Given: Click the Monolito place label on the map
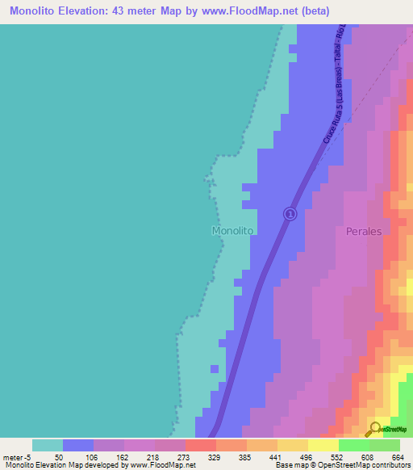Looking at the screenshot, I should [x=232, y=230].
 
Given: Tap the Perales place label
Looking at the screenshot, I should [x=363, y=231].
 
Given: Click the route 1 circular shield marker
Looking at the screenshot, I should [x=290, y=213].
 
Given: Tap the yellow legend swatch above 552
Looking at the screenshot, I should [x=323, y=445].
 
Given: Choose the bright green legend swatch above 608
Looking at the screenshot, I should [x=354, y=445].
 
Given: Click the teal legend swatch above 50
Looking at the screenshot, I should [x=48, y=445].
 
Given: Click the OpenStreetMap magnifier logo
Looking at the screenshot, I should [x=373, y=428].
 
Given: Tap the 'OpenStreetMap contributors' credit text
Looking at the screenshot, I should [x=368, y=465].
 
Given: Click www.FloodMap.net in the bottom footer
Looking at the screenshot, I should [x=163, y=465].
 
